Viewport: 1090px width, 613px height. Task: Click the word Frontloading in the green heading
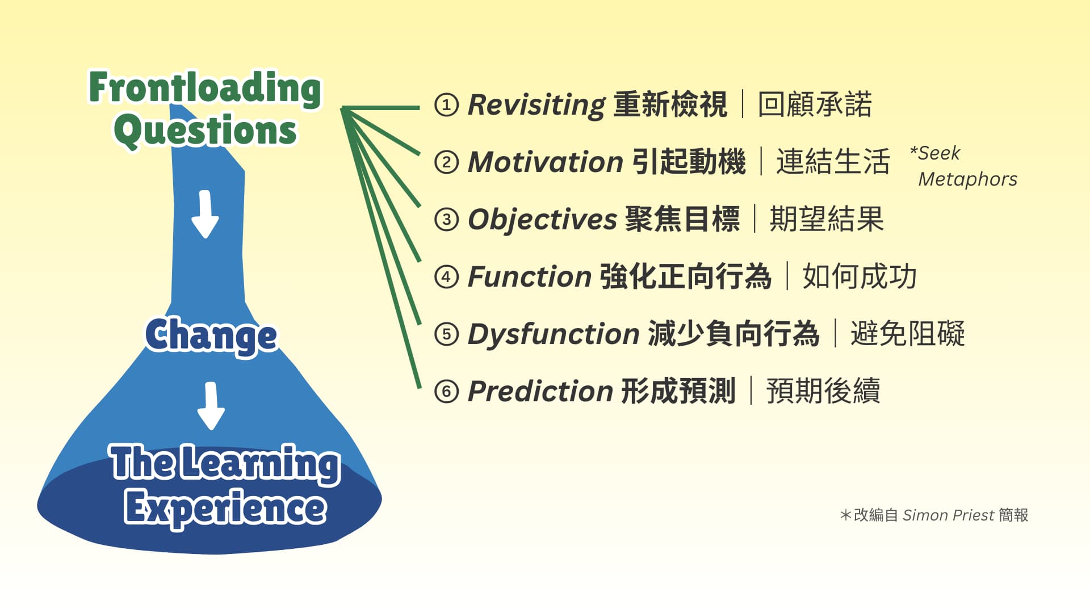click(205, 88)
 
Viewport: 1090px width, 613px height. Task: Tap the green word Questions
click(205, 131)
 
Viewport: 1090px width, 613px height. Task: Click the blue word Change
click(211, 335)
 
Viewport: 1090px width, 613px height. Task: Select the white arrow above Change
click(205, 214)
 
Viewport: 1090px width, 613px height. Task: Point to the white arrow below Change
click(211, 406)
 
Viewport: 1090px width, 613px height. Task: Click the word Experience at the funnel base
click(225, 507)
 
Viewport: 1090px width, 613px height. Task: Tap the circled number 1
click(446, 105)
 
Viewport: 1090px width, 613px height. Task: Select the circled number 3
click(446, 220)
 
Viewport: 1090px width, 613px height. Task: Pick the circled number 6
click(446, 391)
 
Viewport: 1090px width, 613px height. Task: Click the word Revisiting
click(537, 105)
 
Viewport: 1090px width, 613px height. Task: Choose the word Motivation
click(546, 162)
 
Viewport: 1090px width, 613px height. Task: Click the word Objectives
click(542, 220)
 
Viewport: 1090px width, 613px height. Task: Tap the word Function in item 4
click(530, 277)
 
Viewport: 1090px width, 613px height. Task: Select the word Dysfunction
click(554, 334)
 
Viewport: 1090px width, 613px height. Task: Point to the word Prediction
click(540, 391)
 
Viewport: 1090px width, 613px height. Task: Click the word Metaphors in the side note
click(968, 179)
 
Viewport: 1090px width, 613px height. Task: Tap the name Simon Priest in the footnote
click(949, 515)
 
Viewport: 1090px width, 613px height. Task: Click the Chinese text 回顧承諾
click(815, 105)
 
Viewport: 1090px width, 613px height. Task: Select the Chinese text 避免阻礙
click(907, 334)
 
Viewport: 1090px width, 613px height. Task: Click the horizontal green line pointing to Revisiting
click(380, 107)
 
